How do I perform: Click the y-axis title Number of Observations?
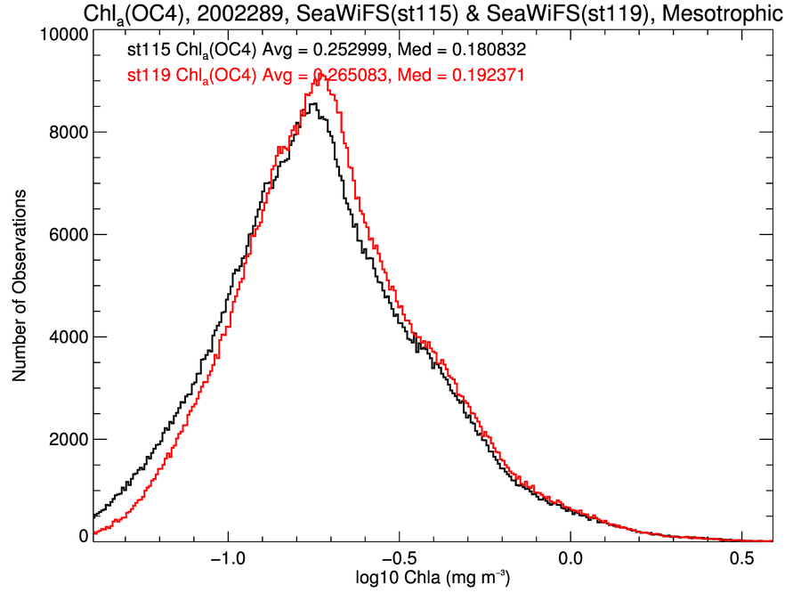click(x=20, y=286)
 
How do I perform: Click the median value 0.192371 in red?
click(x=481, y=77)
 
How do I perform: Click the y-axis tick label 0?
click(x=84, y=537)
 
